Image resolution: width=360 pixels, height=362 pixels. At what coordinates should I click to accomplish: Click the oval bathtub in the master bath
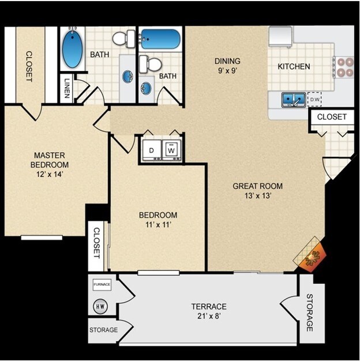point(72,49)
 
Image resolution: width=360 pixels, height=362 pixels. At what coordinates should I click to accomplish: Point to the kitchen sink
point(294,100)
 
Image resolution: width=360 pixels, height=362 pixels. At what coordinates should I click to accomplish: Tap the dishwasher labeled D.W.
point(314,100)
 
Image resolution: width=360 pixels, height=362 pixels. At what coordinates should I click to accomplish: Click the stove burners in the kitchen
point(344,67)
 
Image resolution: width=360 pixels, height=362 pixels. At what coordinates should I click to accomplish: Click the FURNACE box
point(103,285)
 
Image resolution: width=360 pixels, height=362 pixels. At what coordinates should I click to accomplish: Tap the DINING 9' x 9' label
point(227,66)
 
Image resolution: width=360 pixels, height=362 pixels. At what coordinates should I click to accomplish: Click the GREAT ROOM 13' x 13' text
point(257,190)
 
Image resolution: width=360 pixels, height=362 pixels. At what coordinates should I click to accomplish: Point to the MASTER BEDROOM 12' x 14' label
point(49,165)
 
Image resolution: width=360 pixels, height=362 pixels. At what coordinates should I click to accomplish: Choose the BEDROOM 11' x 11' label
point(155,221)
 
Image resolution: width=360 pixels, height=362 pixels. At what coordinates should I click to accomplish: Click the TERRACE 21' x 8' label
point(209,311)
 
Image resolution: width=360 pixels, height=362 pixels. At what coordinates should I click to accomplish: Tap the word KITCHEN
point(294,66)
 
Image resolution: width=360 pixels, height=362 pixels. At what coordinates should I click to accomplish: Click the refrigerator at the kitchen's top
point(281,36)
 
